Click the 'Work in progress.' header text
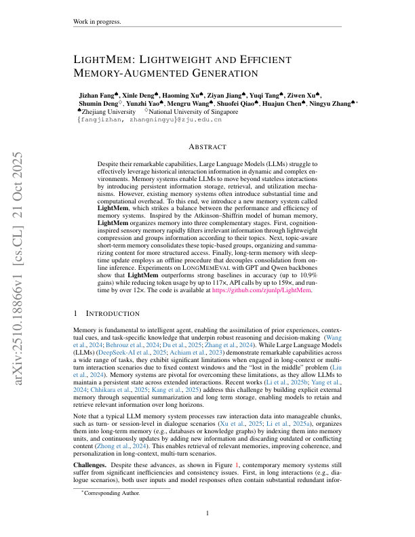tap(96, 22)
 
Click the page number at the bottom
tap(207, 513)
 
